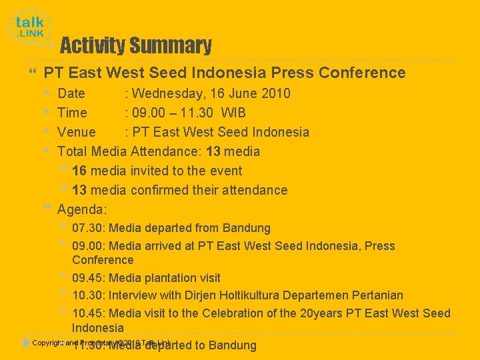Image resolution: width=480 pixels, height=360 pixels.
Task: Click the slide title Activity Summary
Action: point(136,46)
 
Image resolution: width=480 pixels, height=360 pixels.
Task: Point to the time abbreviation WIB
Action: point(233,113)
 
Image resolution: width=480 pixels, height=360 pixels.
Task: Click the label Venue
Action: point(77,132)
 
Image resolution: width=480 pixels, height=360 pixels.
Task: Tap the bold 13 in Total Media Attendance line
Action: point(213,151)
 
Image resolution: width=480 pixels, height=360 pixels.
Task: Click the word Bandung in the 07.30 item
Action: point(247,229)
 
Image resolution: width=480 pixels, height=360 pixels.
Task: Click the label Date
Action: point(71,93)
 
